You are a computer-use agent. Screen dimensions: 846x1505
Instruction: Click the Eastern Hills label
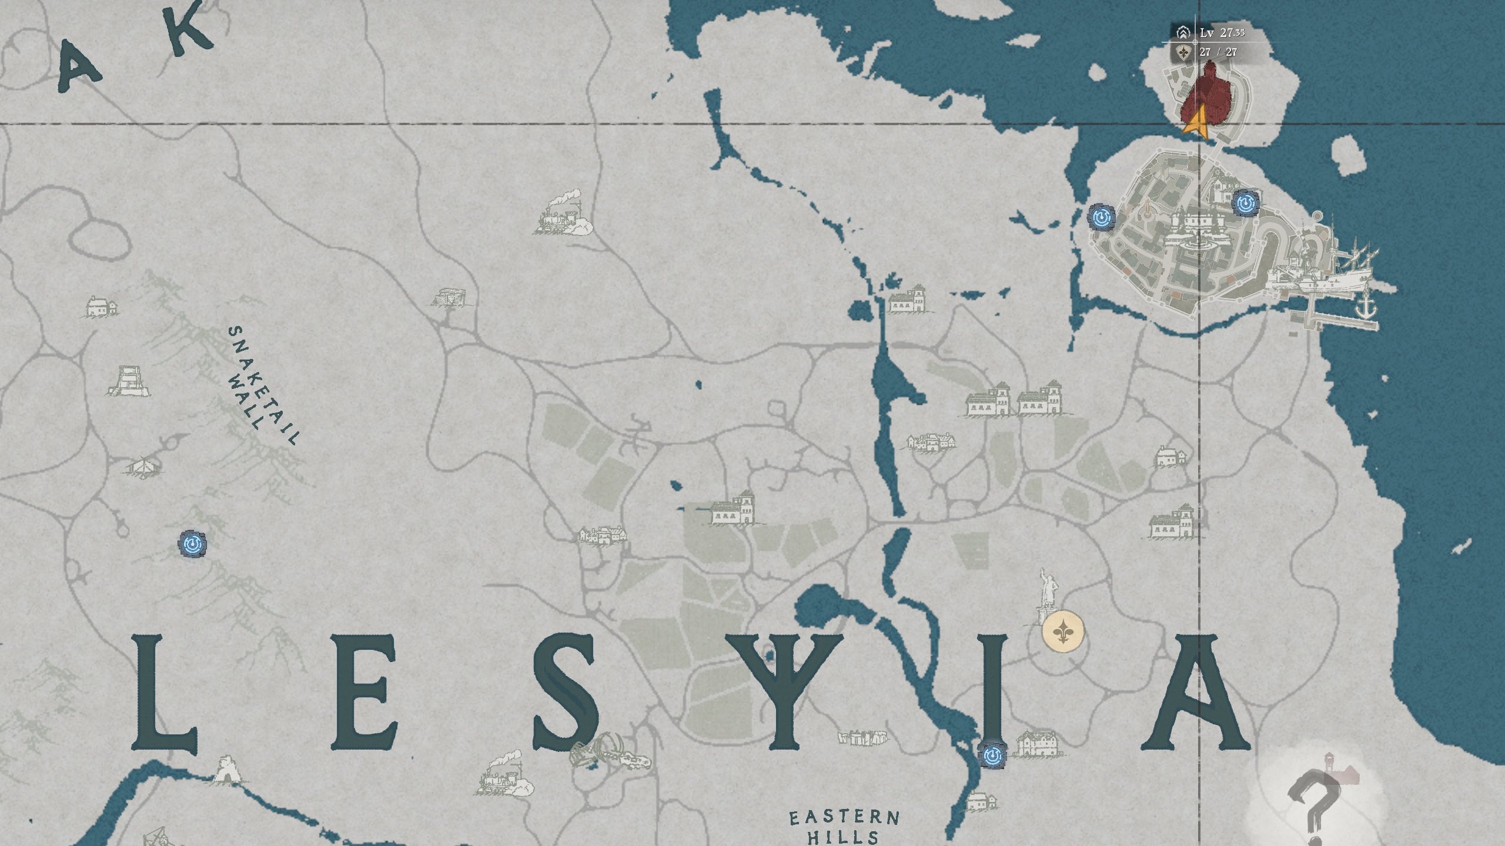click(x=844, y=825)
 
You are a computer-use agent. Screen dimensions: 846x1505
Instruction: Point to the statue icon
click(x=1046, y=596)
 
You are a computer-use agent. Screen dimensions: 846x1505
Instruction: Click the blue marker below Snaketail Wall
click(x=192, y=544)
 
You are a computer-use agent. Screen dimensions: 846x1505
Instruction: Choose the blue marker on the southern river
click(x=993, y=755)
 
